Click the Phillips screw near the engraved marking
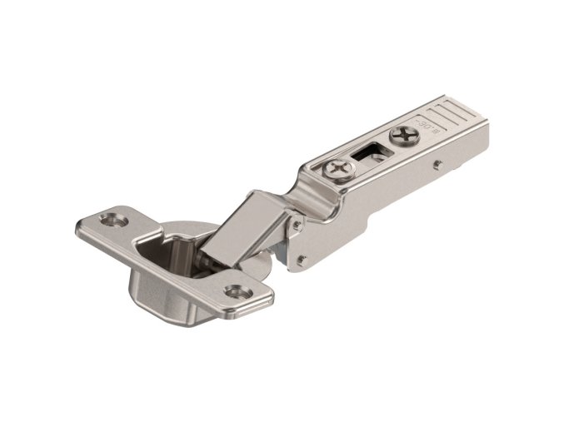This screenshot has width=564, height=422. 404,134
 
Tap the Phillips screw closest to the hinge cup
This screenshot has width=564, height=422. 339,170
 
